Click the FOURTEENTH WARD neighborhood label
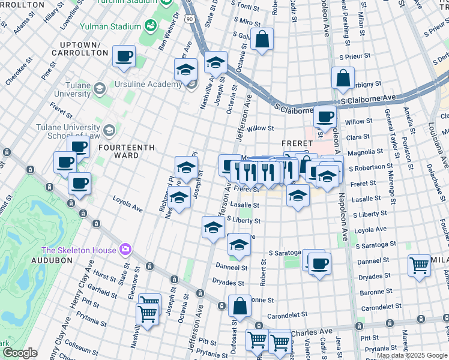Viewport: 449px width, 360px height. click(126, 151)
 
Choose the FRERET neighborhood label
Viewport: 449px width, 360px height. click(297, 143)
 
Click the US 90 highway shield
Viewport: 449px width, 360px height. click(190, 20)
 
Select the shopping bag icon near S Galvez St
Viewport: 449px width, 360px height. click(262, 40)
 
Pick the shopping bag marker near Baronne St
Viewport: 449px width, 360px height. click(240, 306)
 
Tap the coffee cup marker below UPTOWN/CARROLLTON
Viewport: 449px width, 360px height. click(124, 56)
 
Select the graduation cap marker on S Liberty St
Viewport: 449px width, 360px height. click(212, 227)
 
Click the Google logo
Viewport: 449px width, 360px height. click(20, 353)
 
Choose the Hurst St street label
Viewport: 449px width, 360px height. click(105, 277)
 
